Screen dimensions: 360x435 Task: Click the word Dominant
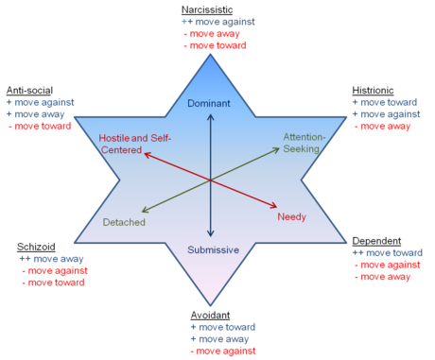point(210,102)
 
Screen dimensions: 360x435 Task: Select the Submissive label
point(212,249)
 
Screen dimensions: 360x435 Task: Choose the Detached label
point(123,221)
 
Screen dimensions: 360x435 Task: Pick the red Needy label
point(291,217)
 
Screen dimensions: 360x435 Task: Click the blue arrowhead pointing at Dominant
point(211,114)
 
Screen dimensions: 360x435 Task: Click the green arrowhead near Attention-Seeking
point(279,146)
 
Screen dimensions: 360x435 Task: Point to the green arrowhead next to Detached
point(142,211)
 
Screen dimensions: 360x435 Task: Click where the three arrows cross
point(211,178)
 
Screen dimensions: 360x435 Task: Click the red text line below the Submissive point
point(225,350)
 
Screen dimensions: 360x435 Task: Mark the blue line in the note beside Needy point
point(385,253)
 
